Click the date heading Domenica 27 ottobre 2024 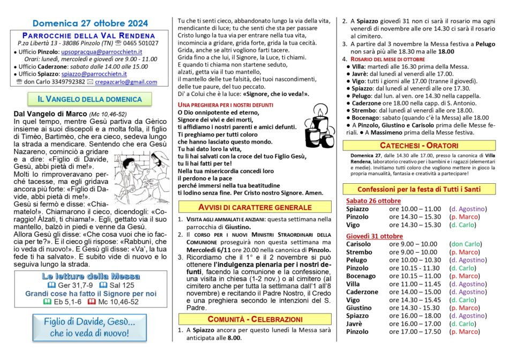(x=89, y=23)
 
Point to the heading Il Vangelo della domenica (x=89, y=99)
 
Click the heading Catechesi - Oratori (x=419, y=145)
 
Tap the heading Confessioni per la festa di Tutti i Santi (x=419, y=189)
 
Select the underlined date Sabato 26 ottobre (x=373, y=201)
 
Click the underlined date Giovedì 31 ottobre (x=374, y=236)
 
